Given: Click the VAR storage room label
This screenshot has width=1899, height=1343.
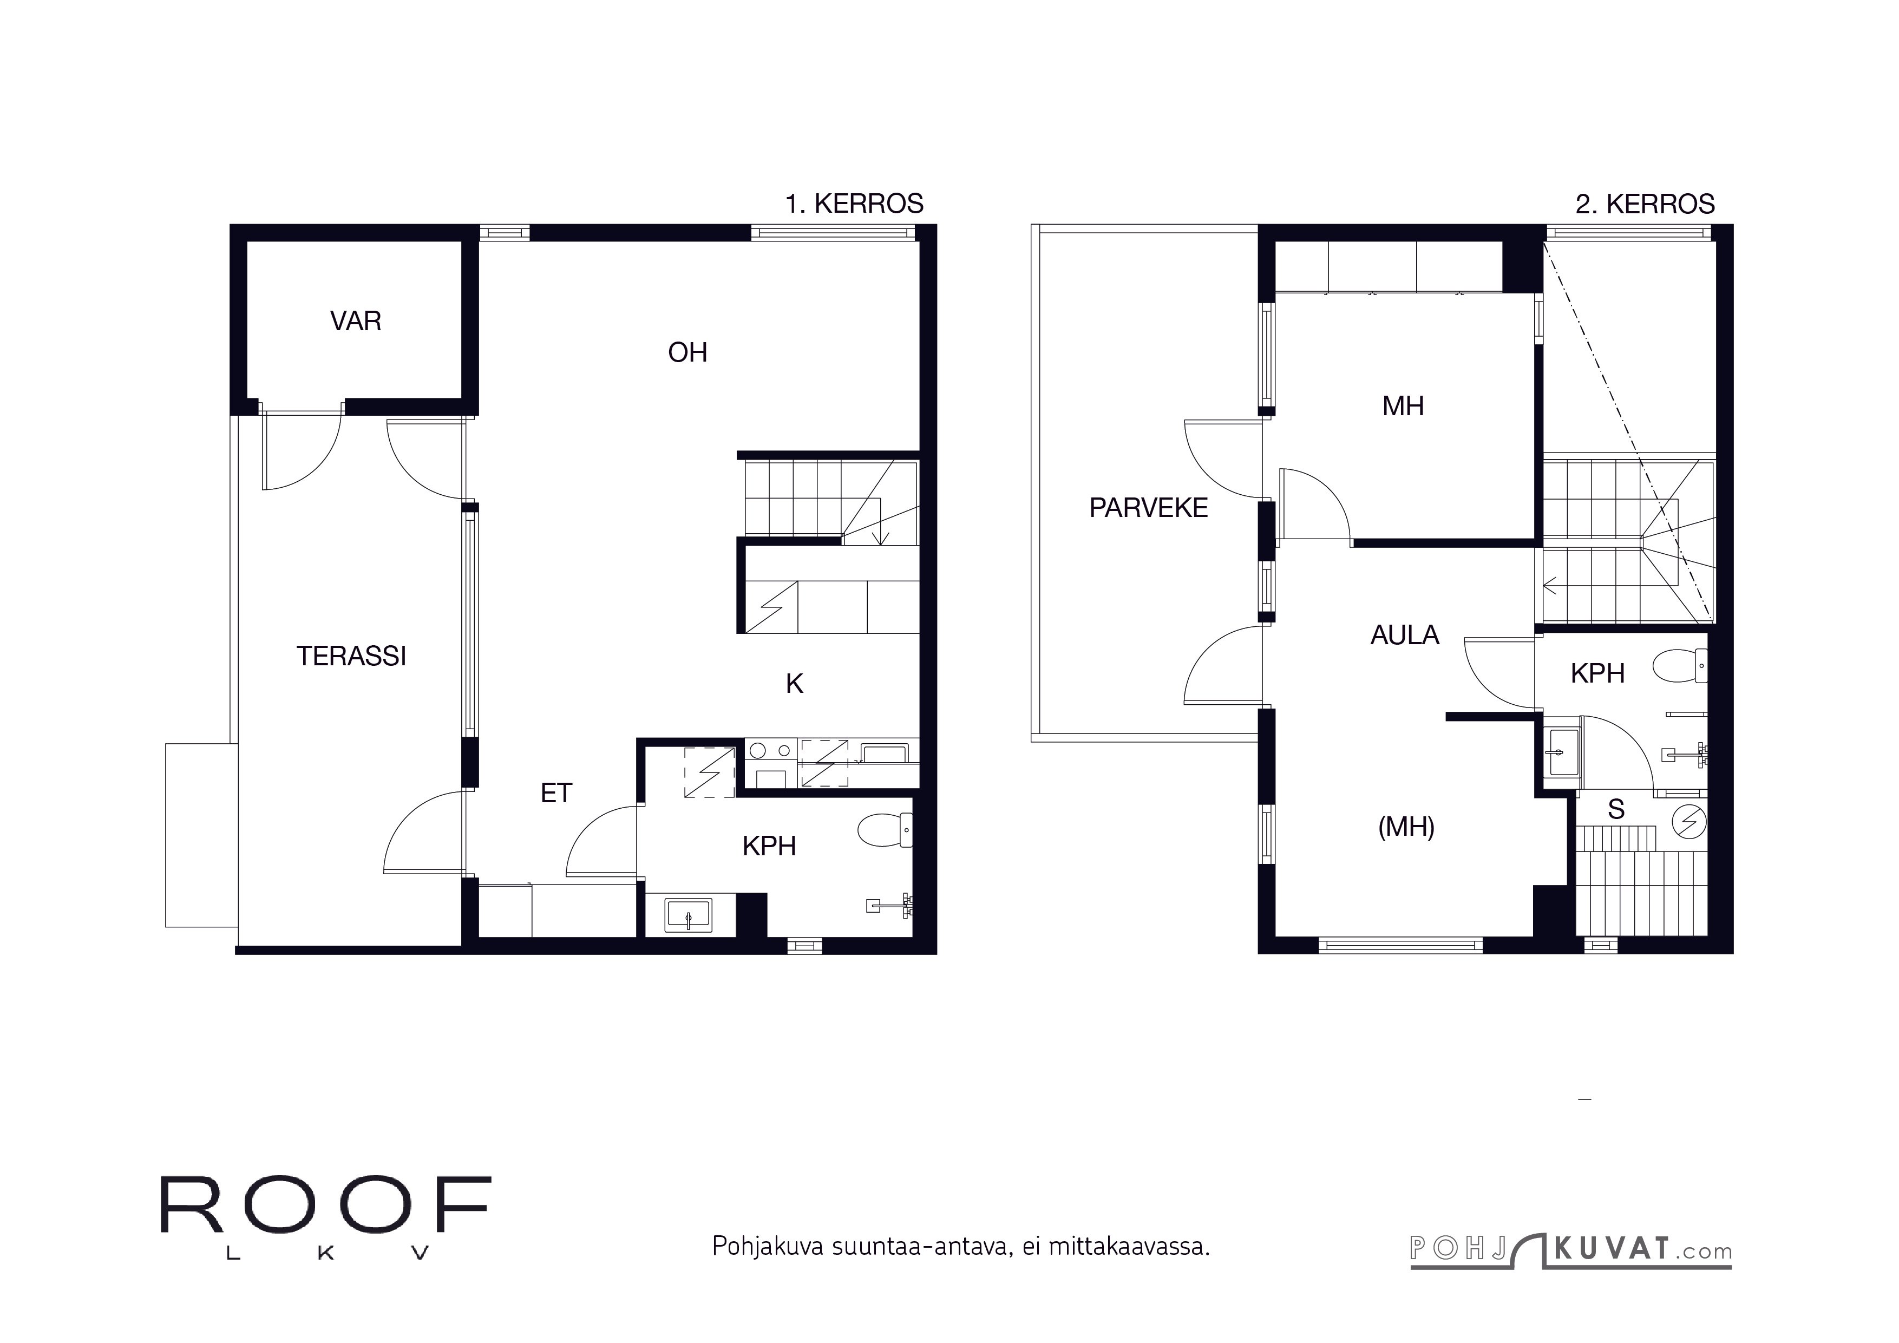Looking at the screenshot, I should [356, 321].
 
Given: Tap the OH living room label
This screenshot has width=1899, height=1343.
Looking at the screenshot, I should [687, 353].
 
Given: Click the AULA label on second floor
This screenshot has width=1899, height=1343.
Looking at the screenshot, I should [1404, 635].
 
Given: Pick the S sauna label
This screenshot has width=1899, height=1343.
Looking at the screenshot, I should [1615, 810].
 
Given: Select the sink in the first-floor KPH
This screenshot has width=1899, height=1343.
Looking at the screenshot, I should [689, 916].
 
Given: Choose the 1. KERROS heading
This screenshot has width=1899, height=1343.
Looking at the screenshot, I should [854, 204].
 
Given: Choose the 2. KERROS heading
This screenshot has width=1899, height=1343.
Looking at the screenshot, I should [1644, 204].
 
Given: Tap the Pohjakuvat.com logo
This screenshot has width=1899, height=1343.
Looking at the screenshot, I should [1570, 1249].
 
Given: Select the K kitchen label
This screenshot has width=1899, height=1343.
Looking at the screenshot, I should [794, 684].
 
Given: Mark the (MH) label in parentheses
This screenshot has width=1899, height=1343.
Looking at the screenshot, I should [1405, 827].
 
